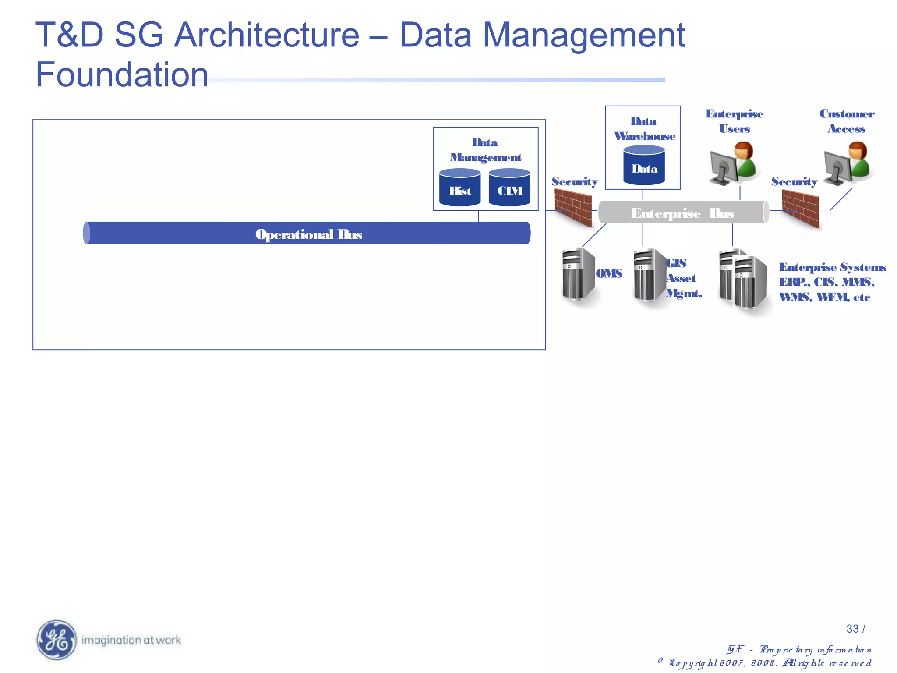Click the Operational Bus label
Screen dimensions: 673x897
308,234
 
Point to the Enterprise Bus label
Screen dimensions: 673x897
682,213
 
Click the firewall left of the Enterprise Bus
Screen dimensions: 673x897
573,210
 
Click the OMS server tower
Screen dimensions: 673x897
578,274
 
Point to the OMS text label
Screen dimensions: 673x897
609,273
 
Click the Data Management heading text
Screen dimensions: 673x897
485,150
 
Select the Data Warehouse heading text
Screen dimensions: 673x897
644,129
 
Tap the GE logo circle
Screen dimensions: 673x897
57,640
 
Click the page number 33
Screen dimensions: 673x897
852,629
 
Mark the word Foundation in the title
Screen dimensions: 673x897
122,74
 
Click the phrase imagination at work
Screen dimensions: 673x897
131,640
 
